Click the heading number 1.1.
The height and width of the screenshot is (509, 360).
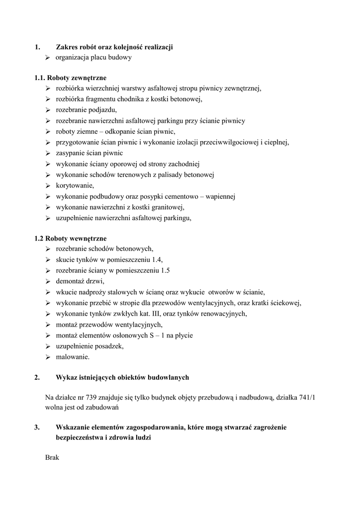(x=40, y=78)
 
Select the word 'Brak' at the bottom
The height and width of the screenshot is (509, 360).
(x=52, y=457)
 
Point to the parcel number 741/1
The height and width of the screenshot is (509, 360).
(x=312, y=397)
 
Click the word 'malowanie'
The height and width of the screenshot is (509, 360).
(x=72, y=357)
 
